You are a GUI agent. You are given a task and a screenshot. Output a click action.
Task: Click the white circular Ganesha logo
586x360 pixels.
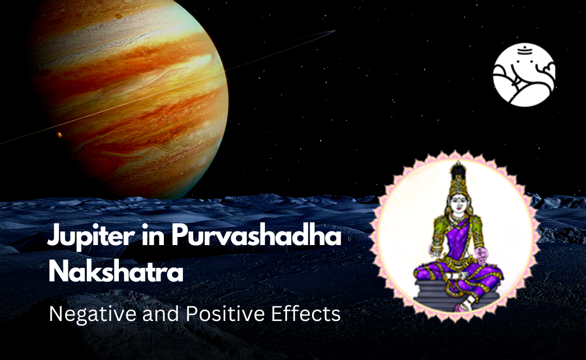click(x=524, y=75)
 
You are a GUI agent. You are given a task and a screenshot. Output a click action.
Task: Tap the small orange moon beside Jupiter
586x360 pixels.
click(x=59, y=134)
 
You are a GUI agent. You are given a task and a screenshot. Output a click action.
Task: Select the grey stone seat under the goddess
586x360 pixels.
click(x=449, y=293)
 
